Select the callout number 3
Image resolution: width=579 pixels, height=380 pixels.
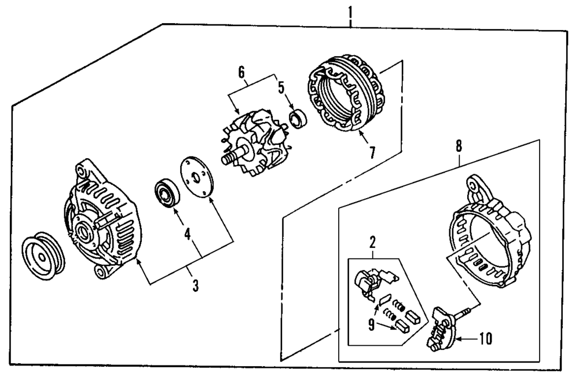pos(195,285)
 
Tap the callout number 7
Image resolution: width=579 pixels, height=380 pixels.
pos(372,152)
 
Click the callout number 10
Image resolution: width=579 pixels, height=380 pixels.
pos(486,338)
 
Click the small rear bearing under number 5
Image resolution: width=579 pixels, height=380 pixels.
pos(298,120)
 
